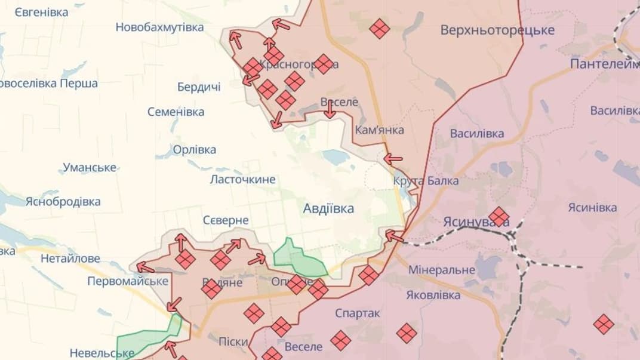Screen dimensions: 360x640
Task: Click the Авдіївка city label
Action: (x=328, y=208)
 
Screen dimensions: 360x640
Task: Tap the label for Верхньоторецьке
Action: (x=497, y=30)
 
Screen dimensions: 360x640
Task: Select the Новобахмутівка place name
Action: (x=159, y=27)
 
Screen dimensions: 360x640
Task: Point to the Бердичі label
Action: (x=199, y=87)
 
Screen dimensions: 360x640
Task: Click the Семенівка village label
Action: (x=176, y=112)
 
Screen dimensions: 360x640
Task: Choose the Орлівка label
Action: (x=194, y=149)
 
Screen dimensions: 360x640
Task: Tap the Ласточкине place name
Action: (x=242, y=179)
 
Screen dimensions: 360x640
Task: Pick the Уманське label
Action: (x=90, y=167)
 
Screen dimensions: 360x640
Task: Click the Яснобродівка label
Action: (x=63, y=202)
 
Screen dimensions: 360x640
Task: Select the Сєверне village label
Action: (x=226, y=220)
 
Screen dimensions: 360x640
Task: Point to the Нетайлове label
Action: (x=70, y=259)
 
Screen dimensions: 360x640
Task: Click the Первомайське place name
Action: (x=128, y=281)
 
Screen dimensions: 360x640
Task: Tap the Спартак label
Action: (x=358, y=313)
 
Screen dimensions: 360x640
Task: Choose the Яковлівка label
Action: (x=433, y=295)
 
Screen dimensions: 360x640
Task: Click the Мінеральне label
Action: (x=442, y=270)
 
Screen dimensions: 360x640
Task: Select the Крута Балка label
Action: (x=426, y=180)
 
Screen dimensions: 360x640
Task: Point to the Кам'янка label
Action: (x=379, y=130)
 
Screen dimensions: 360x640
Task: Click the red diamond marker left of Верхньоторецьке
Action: (x=379, y=28)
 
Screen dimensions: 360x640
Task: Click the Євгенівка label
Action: (x=41, y=11)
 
